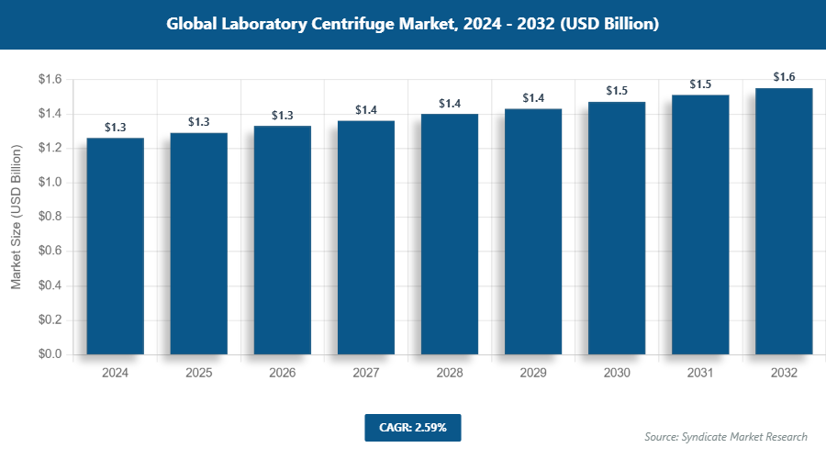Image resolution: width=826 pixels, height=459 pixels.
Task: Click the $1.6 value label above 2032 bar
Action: [x=784, y=77]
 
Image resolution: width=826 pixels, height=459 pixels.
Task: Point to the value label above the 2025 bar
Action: [x=199, y=122]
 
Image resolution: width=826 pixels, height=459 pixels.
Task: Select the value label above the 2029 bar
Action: [x=533, y=98]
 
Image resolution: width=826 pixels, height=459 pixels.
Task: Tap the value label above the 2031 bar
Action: [x=700, y=84]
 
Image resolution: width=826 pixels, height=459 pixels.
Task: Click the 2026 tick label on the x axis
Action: [x=283, y=374]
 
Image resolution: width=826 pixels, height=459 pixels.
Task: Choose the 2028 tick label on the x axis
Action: [x=450, y=374]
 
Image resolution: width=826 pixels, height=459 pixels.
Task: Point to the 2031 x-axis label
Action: [x=700, y=374]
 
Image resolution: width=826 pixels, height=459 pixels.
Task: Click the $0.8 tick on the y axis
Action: [x=50, y=217]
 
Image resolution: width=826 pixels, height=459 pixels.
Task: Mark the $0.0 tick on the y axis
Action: [x=50, y=354]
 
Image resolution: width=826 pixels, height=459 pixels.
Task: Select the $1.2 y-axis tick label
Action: [x=50, y=148]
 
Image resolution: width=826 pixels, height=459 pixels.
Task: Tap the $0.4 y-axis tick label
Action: [x=50, y=285]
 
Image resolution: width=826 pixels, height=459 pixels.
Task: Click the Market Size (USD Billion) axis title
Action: [x=17, y=218]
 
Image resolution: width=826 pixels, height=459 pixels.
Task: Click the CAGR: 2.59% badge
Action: [x=412, y=427]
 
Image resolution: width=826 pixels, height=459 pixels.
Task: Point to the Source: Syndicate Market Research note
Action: [x=726, y=436]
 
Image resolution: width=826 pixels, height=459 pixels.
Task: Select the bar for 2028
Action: [x=450, y=234]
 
